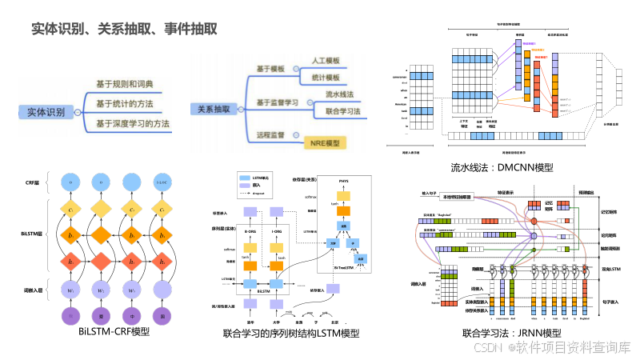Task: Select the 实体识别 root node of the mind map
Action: [46, 113]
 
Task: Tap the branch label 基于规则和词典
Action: [124, 84]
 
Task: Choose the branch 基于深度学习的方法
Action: [133, 123]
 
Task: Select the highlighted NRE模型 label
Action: [324, 143]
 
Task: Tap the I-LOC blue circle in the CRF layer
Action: [162, 182]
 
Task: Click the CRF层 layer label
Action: [34, 183]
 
